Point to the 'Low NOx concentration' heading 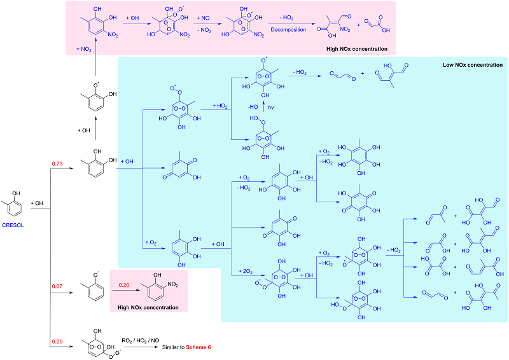pos(473,65)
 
